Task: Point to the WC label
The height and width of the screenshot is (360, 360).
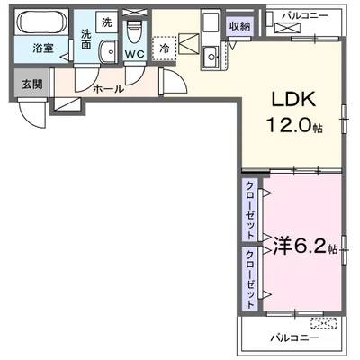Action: point(134,54)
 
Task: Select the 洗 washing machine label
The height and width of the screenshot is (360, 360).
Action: point(107,22)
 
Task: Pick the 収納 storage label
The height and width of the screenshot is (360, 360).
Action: point(238,26)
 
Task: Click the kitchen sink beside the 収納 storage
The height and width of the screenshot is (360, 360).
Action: point(213,58)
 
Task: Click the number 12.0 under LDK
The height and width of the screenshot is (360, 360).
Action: point(286,126)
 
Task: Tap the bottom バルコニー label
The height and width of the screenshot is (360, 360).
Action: point(292,338)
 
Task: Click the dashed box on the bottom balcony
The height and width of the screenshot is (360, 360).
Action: point(322,322)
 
